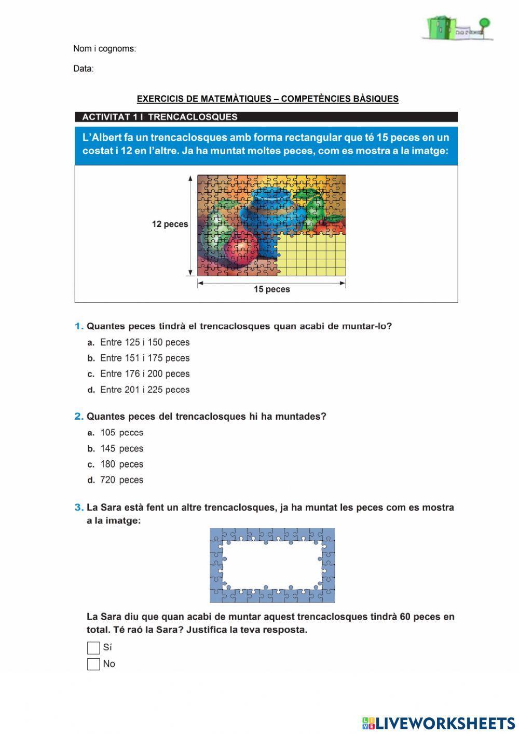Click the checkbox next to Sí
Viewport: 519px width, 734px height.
pos(93,648)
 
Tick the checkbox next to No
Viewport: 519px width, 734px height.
pos(93,664)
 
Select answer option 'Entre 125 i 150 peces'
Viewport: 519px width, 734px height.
pos(144,342)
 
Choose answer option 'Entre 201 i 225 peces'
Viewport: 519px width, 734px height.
pos(144,390)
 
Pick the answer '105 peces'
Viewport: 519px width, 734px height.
pos(121,433)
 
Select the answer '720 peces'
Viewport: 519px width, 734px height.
pos(121,480)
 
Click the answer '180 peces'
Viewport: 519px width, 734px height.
pos(121,464)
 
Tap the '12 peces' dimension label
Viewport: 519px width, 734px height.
pos(170,224)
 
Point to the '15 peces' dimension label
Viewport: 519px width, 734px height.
pos(271,289)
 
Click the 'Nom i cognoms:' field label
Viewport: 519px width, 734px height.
pos(104,49)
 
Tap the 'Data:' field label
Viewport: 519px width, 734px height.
pos(84,69)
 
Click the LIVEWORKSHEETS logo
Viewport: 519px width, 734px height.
pos(439,723)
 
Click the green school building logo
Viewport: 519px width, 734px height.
pos(457,28)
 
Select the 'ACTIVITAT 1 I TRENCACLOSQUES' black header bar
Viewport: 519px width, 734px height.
pos(266,117)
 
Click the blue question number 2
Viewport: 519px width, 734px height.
pos(78,416)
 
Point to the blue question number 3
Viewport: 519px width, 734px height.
pos(78,508)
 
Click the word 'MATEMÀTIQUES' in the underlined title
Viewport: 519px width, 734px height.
pos(236,99)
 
